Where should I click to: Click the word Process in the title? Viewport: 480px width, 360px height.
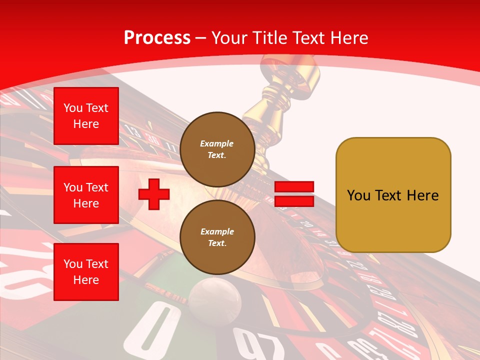point(157,38)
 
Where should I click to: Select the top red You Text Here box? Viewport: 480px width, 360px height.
point(86,116)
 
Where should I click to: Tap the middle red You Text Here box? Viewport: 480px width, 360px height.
point(86,195)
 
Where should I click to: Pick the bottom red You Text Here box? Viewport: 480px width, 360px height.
point(86,272)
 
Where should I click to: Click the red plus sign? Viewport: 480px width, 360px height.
point(154,194)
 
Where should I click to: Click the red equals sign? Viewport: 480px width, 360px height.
point(294,194)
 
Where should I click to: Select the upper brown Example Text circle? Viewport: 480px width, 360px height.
point(217,149)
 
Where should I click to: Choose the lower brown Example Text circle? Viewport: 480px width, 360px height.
point(217,237)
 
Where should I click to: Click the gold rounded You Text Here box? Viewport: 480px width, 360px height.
point(393,195)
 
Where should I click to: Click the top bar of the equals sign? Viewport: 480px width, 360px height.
point(294,187)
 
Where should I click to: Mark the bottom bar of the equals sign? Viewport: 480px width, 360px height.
point(294,201)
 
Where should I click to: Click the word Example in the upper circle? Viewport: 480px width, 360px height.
point(217,144)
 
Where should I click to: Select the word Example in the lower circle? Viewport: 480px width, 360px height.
point(217,232)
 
